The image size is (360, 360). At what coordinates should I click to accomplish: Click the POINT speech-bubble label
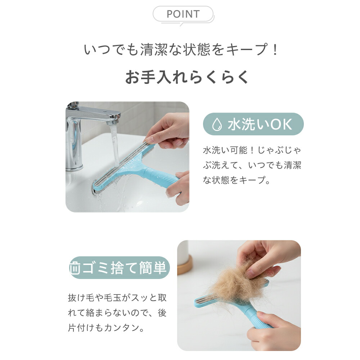tap(183, 14)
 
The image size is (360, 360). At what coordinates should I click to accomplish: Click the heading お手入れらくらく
tap(187, 77)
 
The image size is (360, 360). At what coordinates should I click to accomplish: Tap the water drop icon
tap(217, 124)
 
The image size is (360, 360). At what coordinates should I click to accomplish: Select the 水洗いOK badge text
tap(260, 124)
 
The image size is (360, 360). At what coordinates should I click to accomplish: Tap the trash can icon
tap(75, 268)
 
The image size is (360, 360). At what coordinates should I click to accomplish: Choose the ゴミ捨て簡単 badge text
tap(124, 268)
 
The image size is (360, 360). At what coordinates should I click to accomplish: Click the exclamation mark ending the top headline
tap(274, 50)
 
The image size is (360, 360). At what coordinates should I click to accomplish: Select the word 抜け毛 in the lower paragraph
tap(81, 298)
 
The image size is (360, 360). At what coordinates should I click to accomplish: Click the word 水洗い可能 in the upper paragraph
tap(225, 150)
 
